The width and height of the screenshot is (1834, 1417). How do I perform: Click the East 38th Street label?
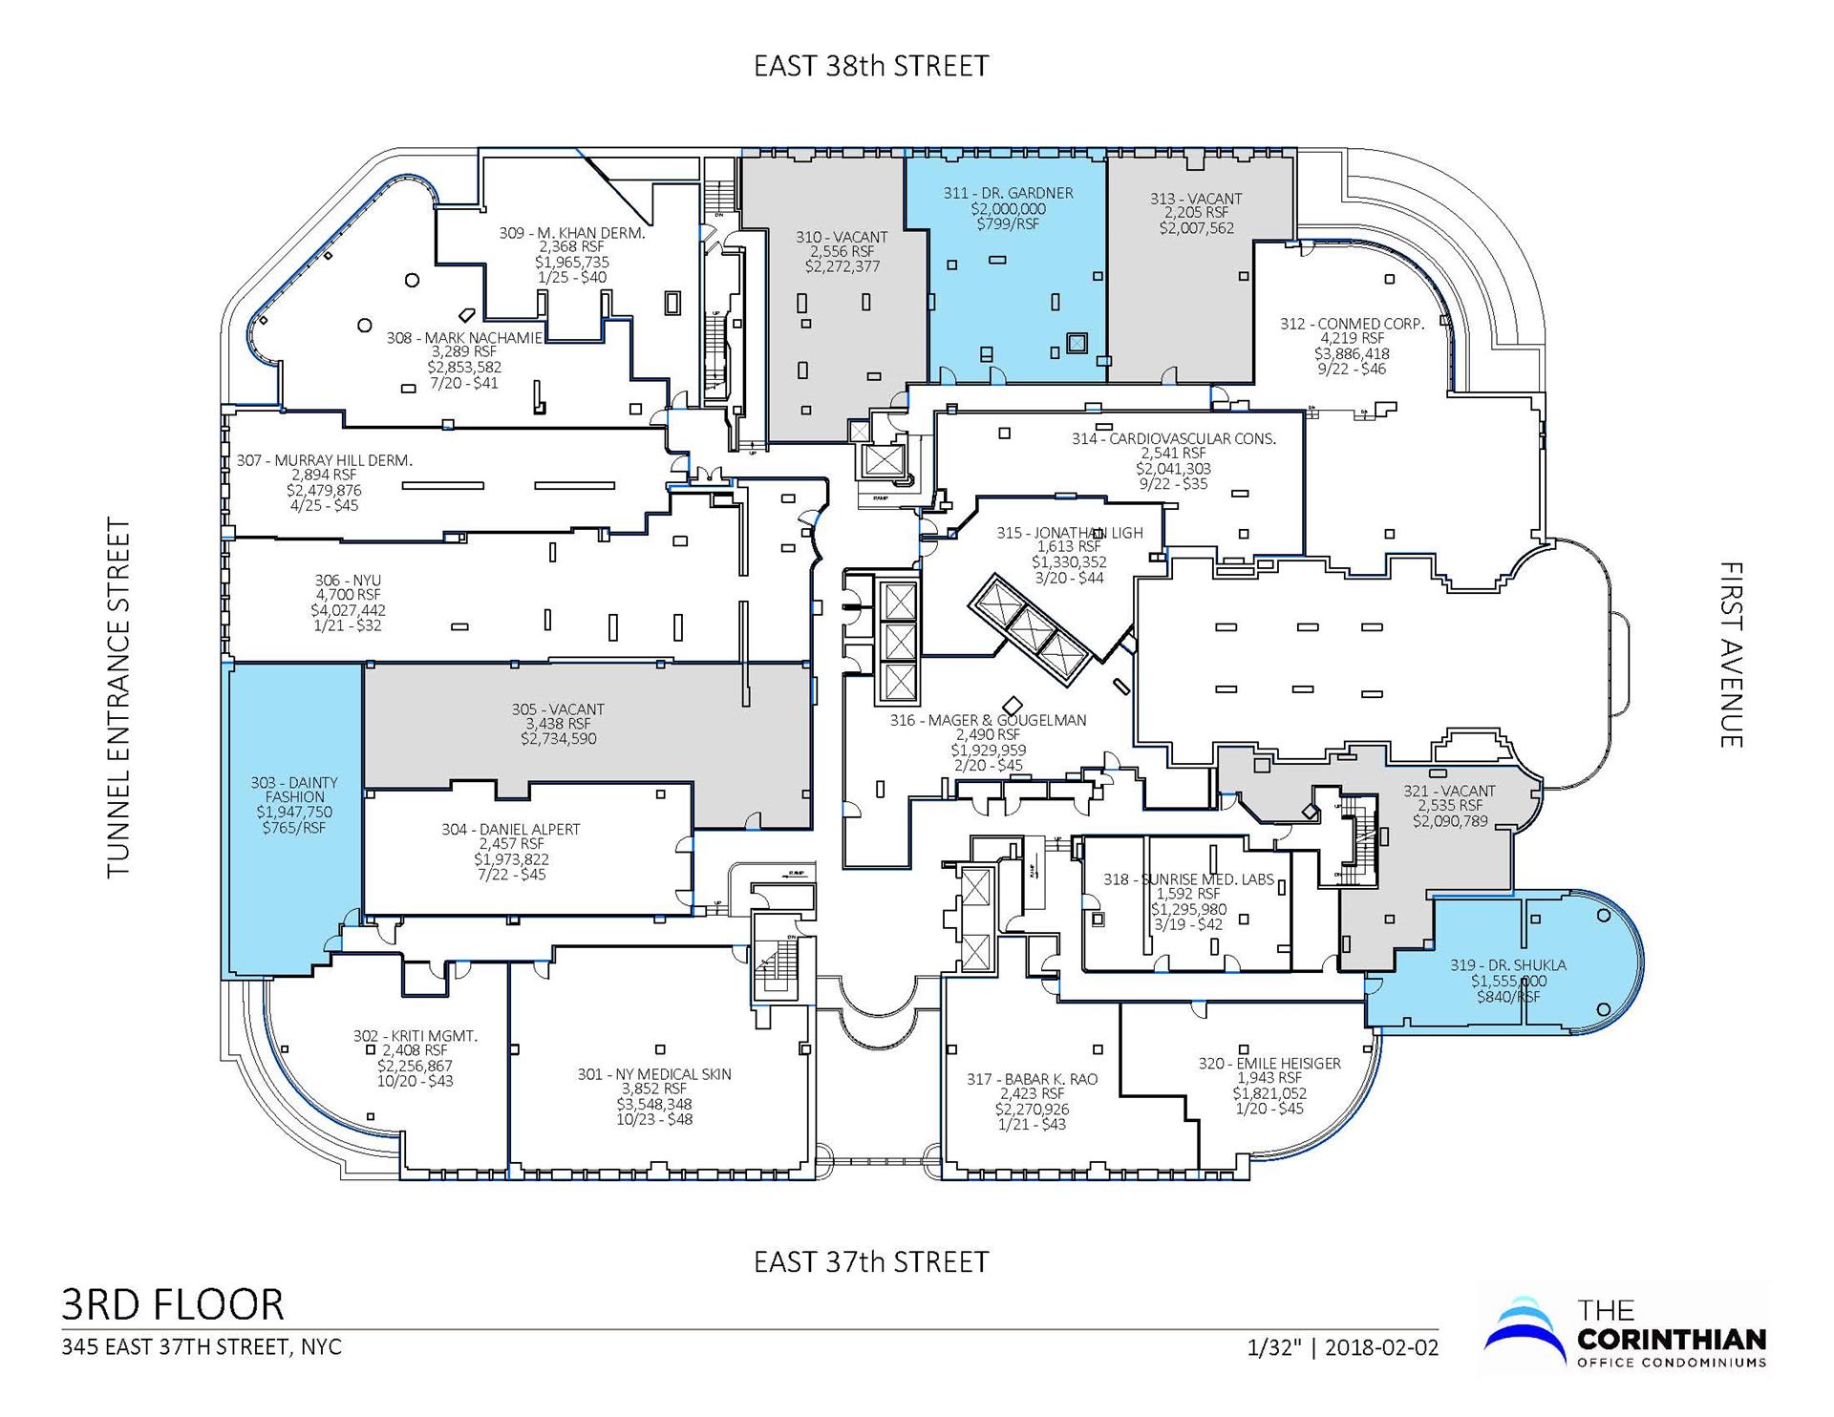click(871, 66)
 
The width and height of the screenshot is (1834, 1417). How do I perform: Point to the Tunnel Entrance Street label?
click(118, 698)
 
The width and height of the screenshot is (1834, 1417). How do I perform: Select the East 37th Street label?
click(871, 1262)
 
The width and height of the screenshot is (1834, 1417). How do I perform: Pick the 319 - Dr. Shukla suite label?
click(1507, 965)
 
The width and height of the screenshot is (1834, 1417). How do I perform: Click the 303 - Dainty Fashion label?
click(294, 790)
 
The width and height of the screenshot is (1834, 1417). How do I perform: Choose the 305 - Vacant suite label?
click(558, 709)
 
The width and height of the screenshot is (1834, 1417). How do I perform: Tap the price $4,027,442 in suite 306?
click(348, 610)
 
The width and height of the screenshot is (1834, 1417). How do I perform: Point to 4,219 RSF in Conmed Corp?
click(1352, 338)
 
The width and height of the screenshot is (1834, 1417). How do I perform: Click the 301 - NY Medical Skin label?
click(654, 1074)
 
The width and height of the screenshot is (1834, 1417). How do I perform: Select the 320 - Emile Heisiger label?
click(1269, 1064)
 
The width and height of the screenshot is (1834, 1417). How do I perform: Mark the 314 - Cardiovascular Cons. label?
click(1173, 439)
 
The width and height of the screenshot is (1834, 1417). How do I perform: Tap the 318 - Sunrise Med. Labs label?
click(1188, 879)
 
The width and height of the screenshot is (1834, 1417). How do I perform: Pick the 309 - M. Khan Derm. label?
click(572, 233)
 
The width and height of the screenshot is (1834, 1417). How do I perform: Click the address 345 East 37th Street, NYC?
click(202, 1347)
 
